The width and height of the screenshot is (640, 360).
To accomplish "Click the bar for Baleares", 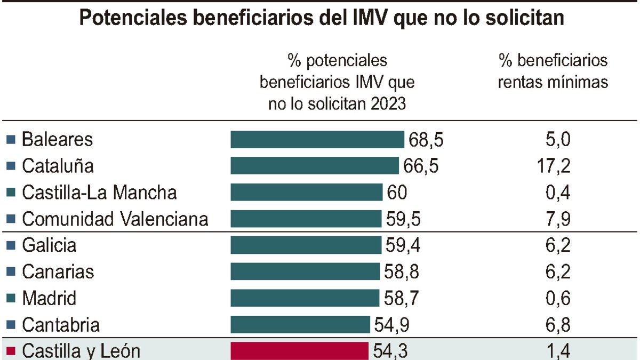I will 317,140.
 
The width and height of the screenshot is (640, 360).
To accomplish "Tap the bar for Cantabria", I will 300,325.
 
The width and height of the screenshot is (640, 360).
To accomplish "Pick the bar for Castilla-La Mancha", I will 307,193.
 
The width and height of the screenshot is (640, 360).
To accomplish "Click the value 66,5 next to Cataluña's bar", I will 420,166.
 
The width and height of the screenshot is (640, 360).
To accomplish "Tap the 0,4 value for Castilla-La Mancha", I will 558,193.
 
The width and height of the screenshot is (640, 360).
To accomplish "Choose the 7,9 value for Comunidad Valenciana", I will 558,219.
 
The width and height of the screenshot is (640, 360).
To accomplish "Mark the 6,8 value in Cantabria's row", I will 558,325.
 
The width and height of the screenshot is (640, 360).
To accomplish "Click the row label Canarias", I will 58,272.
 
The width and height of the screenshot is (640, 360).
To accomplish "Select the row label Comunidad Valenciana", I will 115,219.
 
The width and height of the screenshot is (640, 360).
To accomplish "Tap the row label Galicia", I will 49,245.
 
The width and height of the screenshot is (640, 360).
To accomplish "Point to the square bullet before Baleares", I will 11,140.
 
